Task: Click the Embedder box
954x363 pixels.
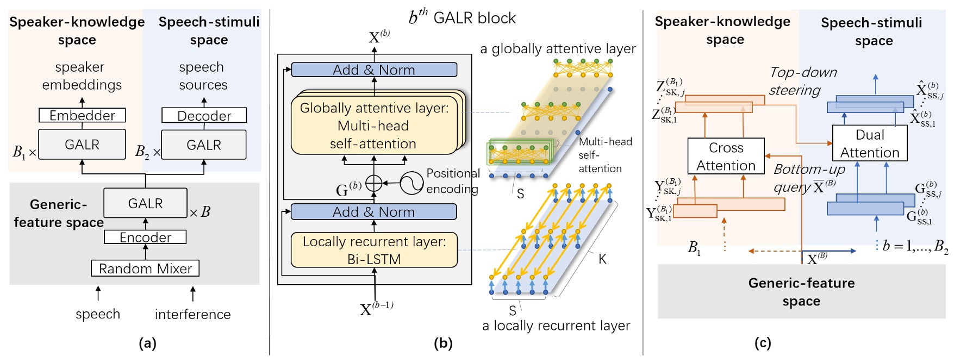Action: (82, 115)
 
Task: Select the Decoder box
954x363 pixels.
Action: (204, 115)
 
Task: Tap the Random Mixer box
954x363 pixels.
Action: (145, 268)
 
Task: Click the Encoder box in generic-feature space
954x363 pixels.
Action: (145, 237)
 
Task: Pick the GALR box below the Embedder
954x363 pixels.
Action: (82, 145)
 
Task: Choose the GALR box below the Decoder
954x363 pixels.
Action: (204, 145)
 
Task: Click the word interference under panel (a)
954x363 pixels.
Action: (192, 315)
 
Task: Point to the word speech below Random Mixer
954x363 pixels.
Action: (98, 314)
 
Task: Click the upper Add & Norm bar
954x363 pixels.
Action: (374, 70)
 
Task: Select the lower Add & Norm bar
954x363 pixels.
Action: (374, 212)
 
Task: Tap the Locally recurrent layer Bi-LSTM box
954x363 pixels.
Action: (374, 250)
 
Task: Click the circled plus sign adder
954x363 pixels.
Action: (373, 184)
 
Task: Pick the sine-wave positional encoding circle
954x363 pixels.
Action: (411, 184)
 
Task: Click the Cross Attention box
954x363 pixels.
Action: (726, 157)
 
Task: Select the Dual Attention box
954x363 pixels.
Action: (870, 143)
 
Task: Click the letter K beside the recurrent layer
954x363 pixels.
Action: (602, 259)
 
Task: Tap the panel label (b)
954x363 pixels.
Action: (443, 343)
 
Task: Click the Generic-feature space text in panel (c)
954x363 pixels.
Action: (801, 292)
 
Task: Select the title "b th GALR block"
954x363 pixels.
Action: (462, 17)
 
